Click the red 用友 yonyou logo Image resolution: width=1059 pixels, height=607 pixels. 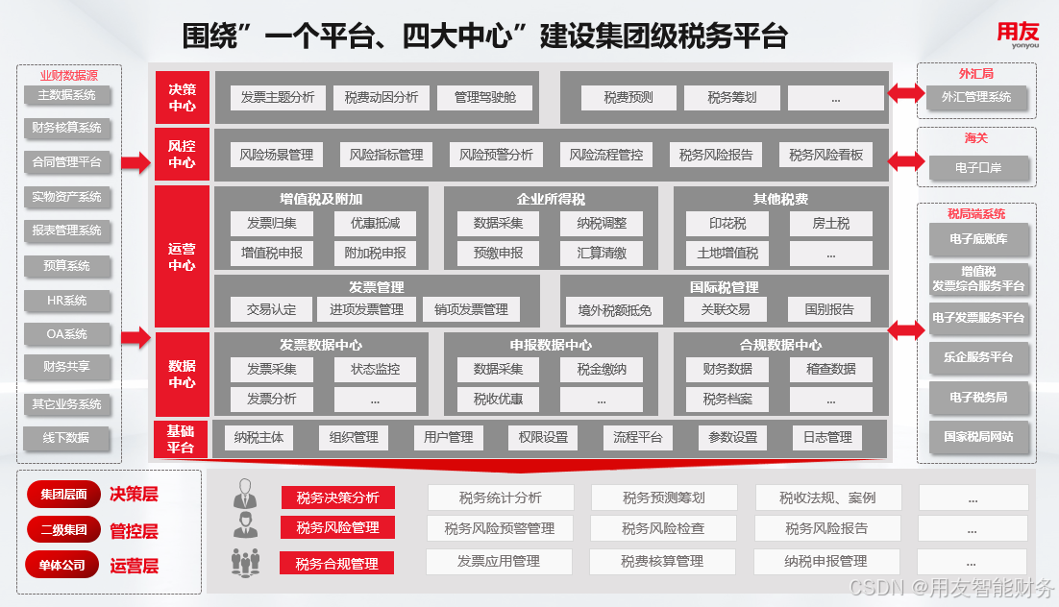1017,36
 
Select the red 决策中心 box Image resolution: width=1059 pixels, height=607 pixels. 182,97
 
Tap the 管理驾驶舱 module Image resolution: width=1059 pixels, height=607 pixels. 484,97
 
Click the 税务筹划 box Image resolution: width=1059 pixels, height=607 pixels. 731,97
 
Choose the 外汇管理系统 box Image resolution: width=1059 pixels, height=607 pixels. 975,97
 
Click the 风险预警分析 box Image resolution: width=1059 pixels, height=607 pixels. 496,155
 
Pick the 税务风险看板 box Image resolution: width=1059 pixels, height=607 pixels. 825,155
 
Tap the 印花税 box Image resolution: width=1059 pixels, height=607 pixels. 727,224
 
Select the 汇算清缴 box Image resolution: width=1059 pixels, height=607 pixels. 603,254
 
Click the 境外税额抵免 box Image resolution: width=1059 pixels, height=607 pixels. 614,309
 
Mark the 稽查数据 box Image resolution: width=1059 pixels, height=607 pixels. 830,369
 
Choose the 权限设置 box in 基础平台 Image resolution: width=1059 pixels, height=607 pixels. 543,437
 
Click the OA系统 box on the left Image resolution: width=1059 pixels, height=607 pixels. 66,334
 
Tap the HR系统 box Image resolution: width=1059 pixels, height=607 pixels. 66,301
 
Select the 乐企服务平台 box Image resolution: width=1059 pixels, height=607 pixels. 977,357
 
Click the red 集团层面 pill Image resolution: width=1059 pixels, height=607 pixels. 63,495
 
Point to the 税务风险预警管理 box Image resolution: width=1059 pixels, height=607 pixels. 499,528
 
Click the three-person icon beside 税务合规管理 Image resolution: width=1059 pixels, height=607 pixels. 246,562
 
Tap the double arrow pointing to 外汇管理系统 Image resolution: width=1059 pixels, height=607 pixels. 903,94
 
